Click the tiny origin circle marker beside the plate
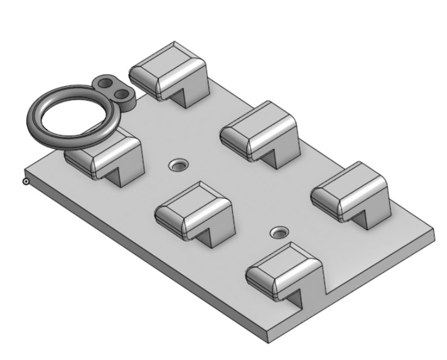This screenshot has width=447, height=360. pyautogui.click(x=26, y=182)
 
